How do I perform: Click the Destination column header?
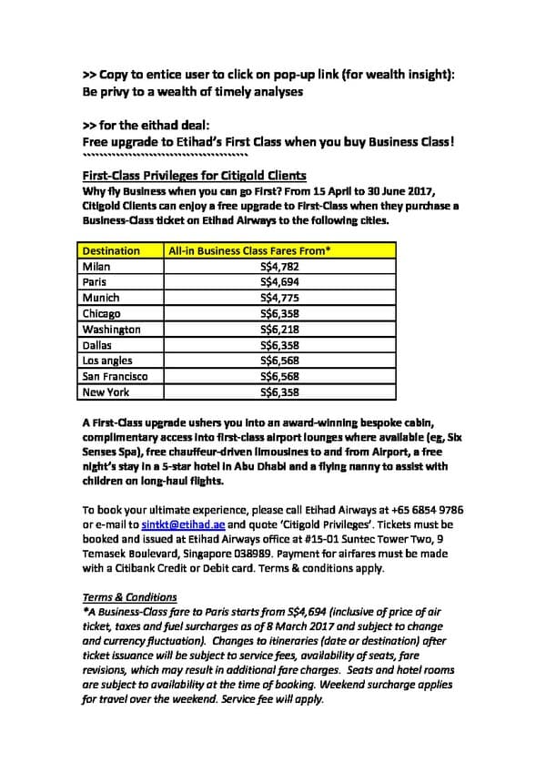[x=111, y=250]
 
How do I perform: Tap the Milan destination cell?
[x=96, y=266]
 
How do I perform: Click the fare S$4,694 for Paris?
[x=279, y=282]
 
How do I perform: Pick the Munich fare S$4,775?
[x=279, y=298]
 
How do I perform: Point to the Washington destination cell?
[x=111, y=329]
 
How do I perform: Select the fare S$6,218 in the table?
[x=279, y=329]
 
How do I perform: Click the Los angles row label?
[x=106, y=361]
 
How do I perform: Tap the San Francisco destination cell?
[x=115, y=376]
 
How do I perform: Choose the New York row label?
[x=106, y=392]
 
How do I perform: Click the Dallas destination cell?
[x=96, y=345]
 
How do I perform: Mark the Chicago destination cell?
[x=101, y=313]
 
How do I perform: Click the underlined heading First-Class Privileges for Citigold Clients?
[x=194, y=175]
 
